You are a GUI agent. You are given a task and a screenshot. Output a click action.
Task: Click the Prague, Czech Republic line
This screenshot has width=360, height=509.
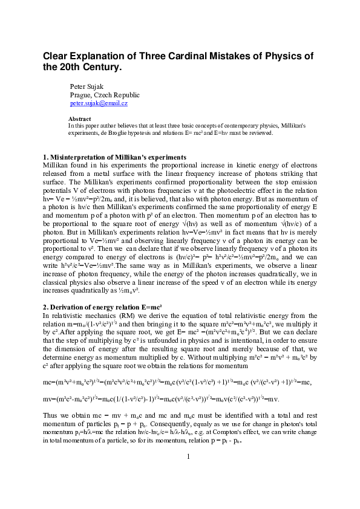(x=105, y=95)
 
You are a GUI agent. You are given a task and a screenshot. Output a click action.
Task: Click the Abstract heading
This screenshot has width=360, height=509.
(x=79, y=119)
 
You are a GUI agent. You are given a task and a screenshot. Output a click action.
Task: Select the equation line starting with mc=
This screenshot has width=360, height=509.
(x=180, y=383)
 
